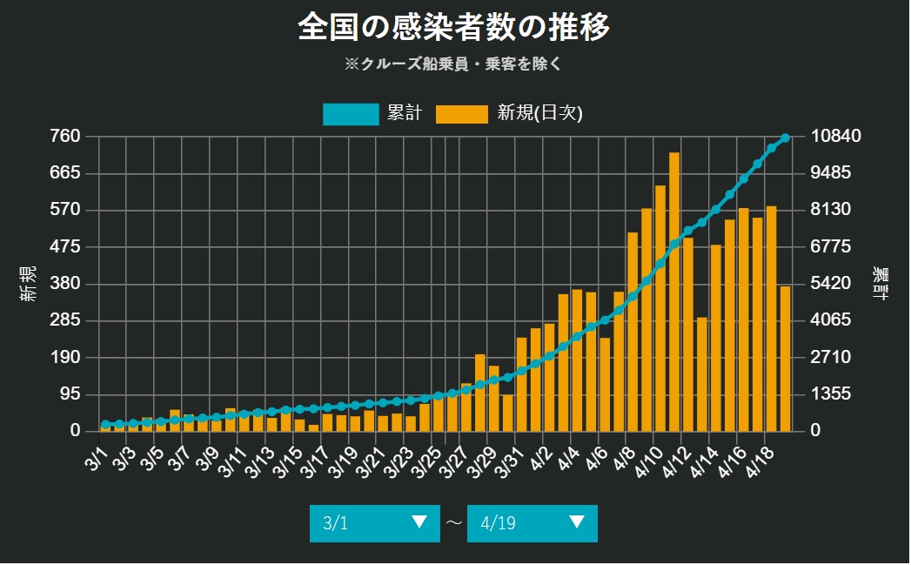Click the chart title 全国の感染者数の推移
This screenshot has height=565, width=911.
coord(454,26)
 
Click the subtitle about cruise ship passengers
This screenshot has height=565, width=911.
coord(454,64)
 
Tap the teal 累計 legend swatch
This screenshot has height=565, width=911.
coord(350,114)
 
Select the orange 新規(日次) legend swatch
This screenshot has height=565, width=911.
coord(461,114)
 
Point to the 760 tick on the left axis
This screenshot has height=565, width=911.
coord(66,136)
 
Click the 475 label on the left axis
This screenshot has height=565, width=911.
coord(66,246)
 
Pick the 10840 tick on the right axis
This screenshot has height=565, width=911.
coord(835,136)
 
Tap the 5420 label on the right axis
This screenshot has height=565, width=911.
coord(835,284)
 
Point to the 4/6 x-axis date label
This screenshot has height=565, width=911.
coord(595,458)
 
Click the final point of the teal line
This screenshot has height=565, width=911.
coord(785,138)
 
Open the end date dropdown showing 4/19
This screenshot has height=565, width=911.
coord(532,523)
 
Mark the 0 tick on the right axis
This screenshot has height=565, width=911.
coord(815,431)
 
